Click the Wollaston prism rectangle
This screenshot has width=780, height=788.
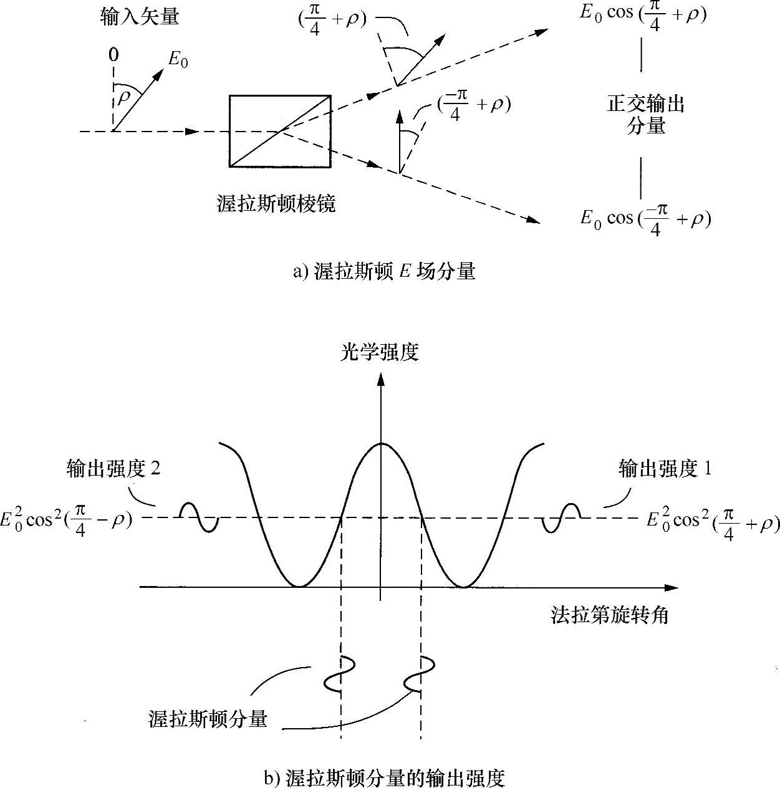279,131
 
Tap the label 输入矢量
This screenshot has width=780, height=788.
139,17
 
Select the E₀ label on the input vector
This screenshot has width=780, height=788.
178,59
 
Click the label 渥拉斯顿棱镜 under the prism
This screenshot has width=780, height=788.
276,204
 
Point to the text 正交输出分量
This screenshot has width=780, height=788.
645,115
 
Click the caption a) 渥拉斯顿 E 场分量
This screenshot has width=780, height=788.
385,272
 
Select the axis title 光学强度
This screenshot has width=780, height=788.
379,353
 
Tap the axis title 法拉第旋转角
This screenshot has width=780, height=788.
609,615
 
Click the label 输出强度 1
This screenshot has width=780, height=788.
665,469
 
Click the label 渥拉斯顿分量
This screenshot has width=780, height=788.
208,718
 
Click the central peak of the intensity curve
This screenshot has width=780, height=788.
382,444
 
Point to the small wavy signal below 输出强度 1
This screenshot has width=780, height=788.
562,517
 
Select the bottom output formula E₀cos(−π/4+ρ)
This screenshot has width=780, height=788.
645,219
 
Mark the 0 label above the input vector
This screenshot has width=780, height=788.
113,55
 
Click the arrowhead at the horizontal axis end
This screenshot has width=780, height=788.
672,587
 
